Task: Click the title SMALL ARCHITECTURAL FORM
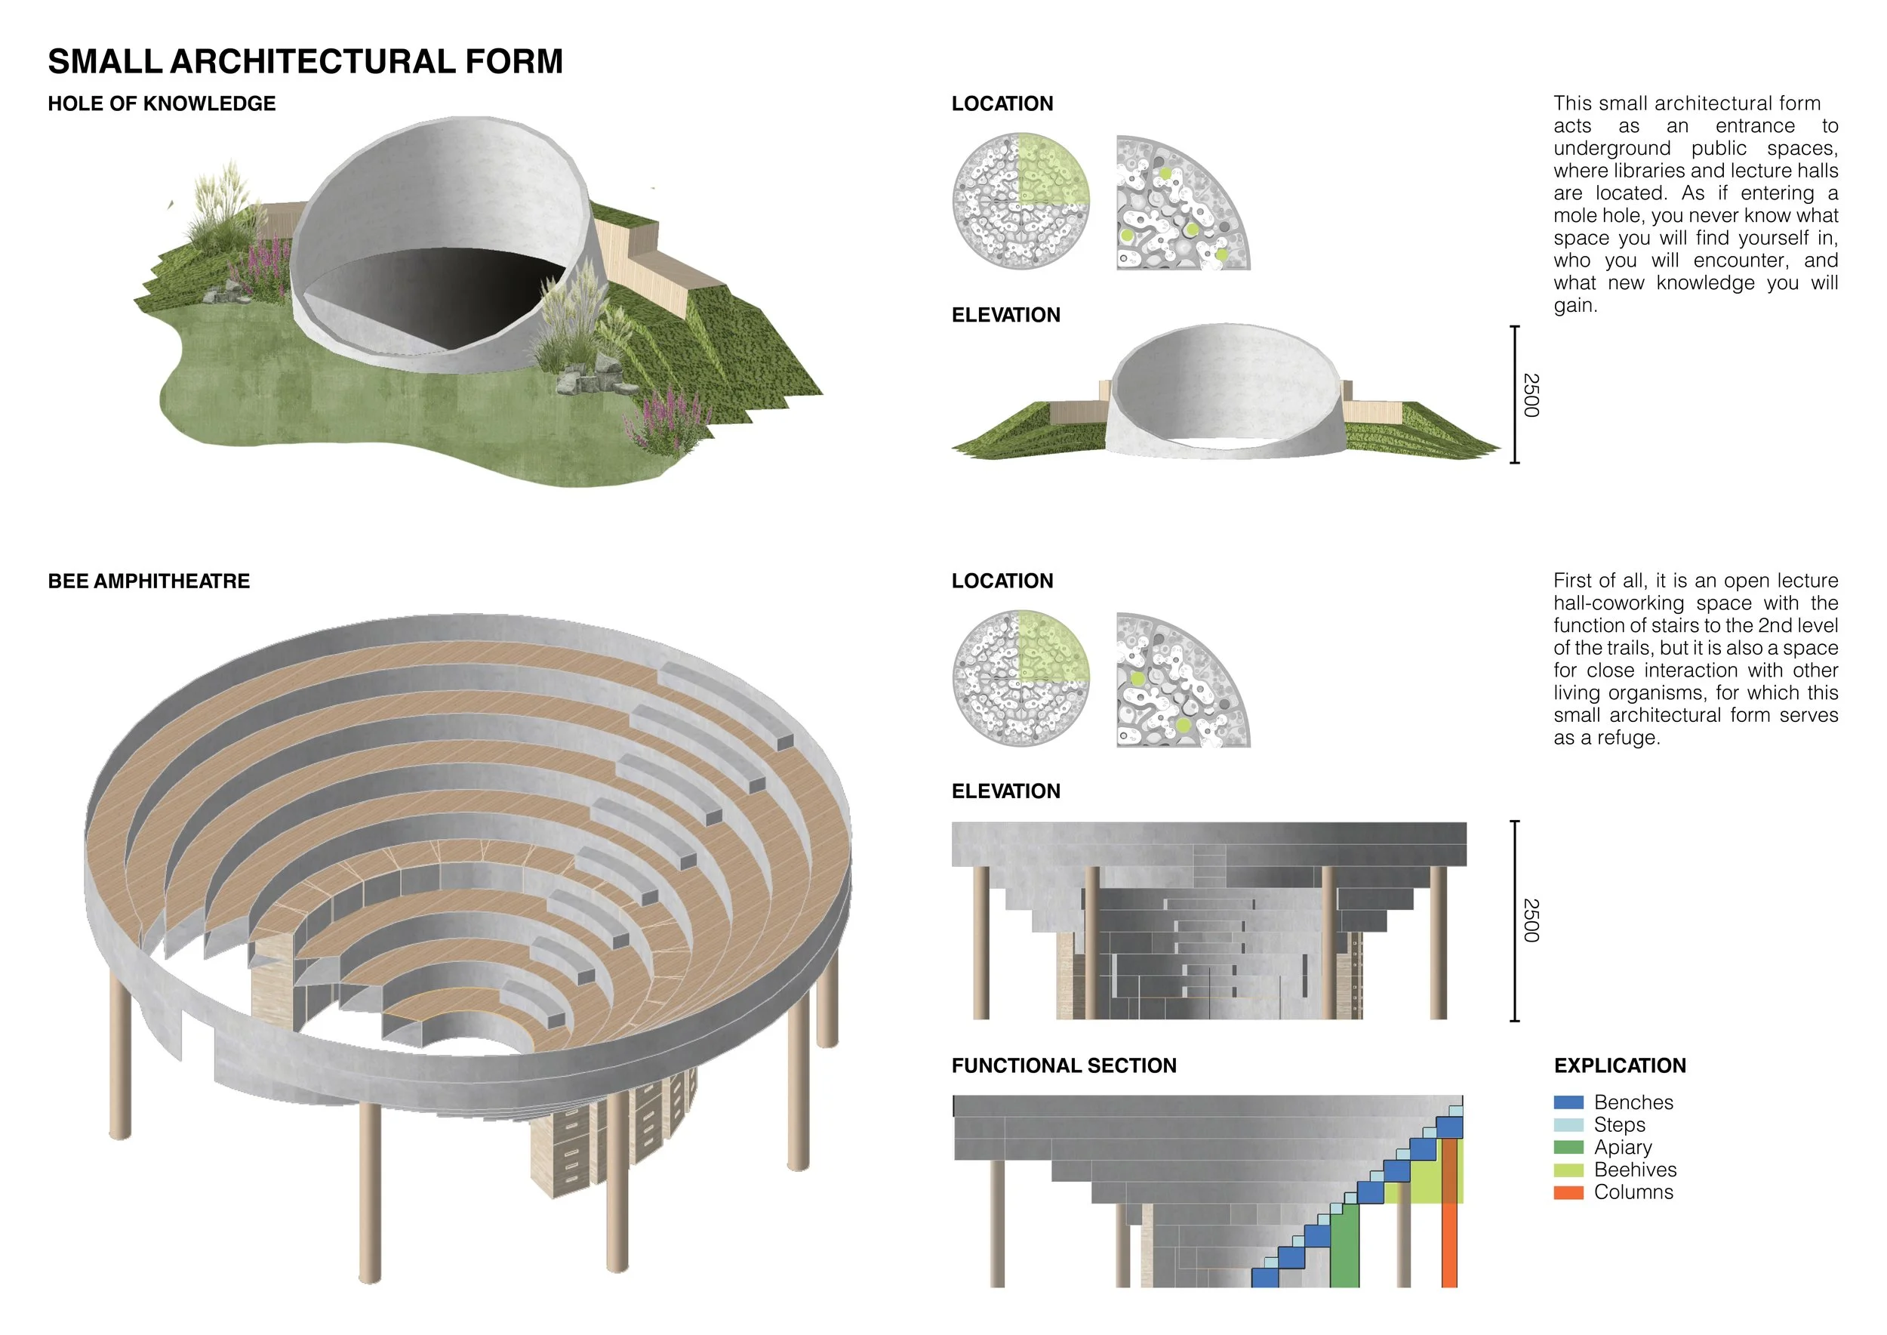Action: [305, 62]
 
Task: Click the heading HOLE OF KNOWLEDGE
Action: [162, 103]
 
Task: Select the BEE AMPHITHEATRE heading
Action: [149, 581]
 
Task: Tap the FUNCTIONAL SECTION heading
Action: [1064, 1065]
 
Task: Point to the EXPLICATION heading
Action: [1620, 1065]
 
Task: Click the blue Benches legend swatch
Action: [1568, 1102]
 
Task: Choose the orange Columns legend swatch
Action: [1568, 1193]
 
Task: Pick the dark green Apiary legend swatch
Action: [1568, 1148]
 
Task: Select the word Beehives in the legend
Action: [1635, 1170]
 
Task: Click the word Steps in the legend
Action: [1619, 1125]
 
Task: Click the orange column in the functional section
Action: [1450, 1213]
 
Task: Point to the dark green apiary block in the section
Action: [1344, 1246]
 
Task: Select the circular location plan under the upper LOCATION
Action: [1020, 202]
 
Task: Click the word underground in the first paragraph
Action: [1611, 149]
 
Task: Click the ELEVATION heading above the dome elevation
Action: [1006, 315]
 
